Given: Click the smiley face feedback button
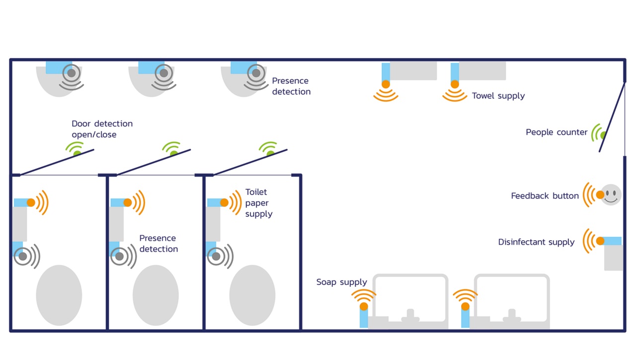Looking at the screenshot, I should click(x=611, y=194).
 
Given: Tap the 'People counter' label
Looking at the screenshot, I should click(x=556, y=132).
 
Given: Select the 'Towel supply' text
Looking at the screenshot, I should click(x=498, y=95).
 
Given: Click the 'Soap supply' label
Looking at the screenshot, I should click(x=341, y=282).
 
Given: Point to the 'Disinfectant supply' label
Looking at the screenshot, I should click(x=536, y=242).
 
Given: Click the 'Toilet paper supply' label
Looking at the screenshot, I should click(x=258, y=203).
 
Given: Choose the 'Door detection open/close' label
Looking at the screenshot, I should click(x=102, y=129).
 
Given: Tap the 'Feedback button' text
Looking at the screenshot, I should click(x=545, y=196).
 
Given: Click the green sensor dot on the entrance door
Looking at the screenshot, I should click(x=603, y=135).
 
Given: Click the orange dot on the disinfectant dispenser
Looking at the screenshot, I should click(x=600, y=241).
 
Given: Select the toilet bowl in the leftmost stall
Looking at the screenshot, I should click(x=59, y=295).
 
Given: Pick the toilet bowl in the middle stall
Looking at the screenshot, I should click(x=156, y=295).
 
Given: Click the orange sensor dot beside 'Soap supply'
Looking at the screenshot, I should click(x=364, y=306).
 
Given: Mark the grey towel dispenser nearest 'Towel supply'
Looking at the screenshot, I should click(x=482, y=71).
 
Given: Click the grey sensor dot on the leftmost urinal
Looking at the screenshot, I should click(x=72, y=73).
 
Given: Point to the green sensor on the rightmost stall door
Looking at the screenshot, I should click(x=270, y=154).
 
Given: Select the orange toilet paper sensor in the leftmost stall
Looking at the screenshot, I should click(x=31, y=202).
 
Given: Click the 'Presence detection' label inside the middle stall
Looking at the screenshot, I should click(x=158, y=244).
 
